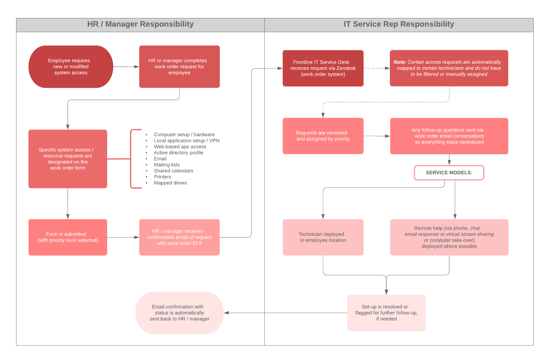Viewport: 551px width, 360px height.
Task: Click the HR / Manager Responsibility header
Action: pyautogui.click(x=140, y=24)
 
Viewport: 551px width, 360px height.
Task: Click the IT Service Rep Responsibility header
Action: pyautogui.click(x=399, y=24)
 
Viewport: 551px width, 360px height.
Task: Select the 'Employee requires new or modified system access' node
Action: pyautogui.click(x=71, y=67)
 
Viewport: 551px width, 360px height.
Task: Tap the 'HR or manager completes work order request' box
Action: pyautogui.click(x=179, y=67)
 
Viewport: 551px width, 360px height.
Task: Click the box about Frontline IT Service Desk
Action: pyautogui.click(x=323, y=68)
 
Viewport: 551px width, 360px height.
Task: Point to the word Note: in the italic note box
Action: pyautogui.click(x=399, y=62)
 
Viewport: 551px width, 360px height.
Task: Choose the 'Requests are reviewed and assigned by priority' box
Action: pyautogui.click(x=323, y=136)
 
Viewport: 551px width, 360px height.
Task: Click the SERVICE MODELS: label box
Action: pyautogui.click(x=449, y=173)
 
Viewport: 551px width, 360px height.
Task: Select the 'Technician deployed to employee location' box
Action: pyautogui.click(x=323, y=237)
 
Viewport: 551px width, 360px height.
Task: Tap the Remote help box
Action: pyautogui.click(x=449, y=237)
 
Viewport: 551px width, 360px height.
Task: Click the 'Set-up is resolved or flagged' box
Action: pyautogui.click(x=386, y=313)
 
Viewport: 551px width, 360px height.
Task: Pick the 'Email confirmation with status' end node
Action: pyautogui.click(x=179, y=313)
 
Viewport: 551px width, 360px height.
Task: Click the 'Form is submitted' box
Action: pyautogui.click(x=68, y=237)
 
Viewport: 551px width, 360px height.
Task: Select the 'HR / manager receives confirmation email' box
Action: pyautogui.click(x=179, y=237)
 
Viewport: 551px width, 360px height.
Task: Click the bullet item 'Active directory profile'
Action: pyautogui.click(x=178, y=153)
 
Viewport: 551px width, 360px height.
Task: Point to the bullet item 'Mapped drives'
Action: pyautogui.click(x=170, y=183)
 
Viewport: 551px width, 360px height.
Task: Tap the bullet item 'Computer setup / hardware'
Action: pyautogui.click(x=184, y=135)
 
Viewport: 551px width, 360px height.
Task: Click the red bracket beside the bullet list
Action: pyautogui.click(x=131, y=159)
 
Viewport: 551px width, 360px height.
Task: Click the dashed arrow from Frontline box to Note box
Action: pyautogui.click(x=376, y=68)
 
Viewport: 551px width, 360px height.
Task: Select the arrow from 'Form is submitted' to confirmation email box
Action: pyautogui.click(x=123, y=237)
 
